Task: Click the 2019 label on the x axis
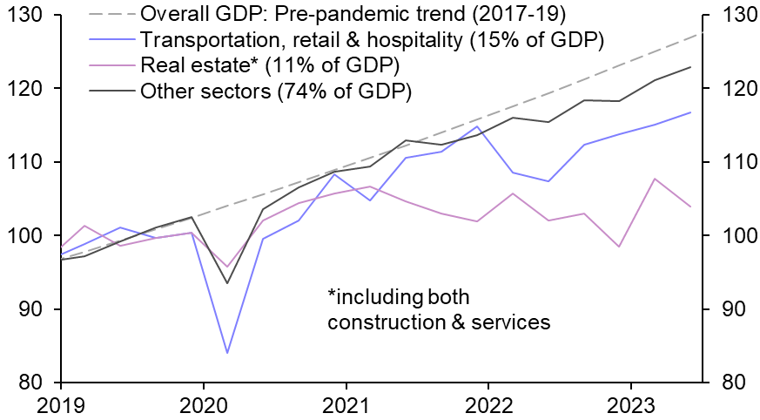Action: click(x=61, y=403)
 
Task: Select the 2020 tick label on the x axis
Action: click(x=203, y=403)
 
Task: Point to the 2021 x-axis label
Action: click(x=346, y=403)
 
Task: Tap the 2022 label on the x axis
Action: click(x=488, y=403)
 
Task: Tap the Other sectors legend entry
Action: click(x=275, y=90)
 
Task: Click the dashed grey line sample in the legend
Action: click(x=110, y=15)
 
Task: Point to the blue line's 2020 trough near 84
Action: click(x=227, y=353)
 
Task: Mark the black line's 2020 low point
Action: click(x=227, y=283)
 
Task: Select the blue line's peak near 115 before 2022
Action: click(x=476, y=126)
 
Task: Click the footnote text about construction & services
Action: click(x=439, y=309)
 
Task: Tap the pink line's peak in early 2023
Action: click(x=654, y=179)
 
